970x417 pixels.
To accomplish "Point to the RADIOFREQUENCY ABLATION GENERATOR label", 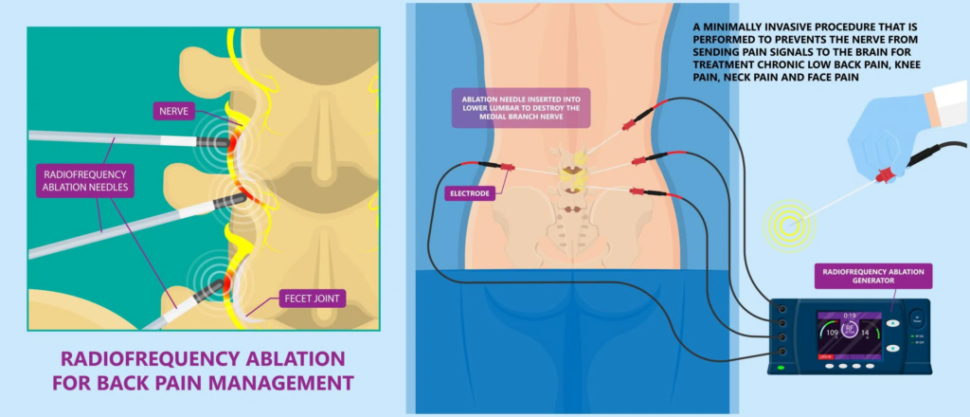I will [x=872, y=276].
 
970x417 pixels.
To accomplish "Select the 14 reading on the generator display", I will [x=864, y=334].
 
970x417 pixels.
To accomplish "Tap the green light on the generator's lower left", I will [x=781, y=367].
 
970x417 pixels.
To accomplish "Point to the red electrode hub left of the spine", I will [x=505, y=168].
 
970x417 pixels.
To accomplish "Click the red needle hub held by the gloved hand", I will [x=883, y=175].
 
